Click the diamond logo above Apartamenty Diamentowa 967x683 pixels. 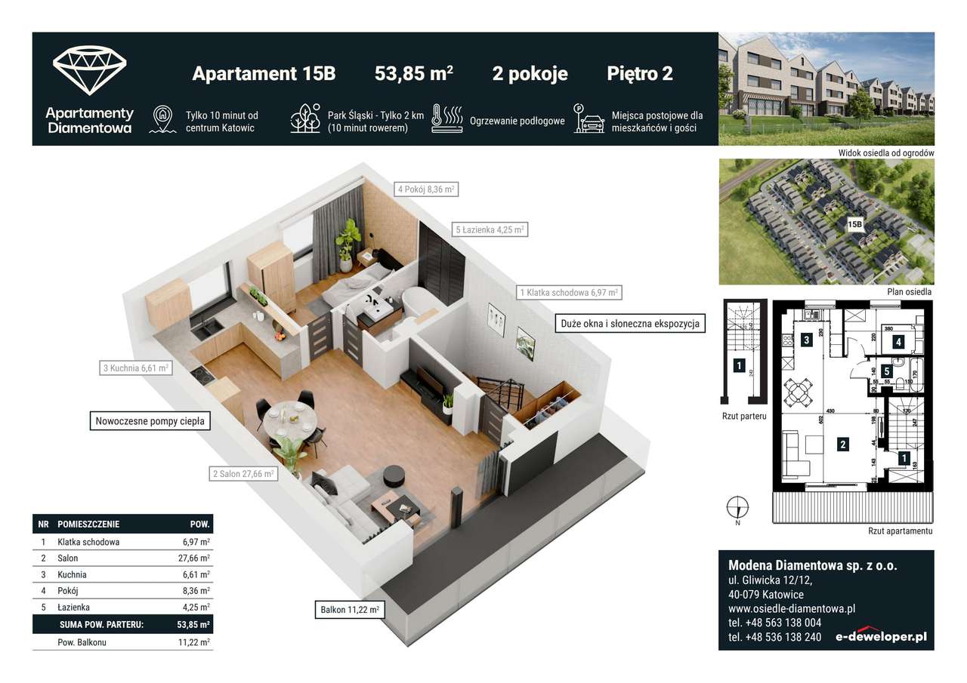point(89,70)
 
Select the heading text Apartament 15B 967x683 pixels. point(264,74)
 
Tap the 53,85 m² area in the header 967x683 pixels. point(413,74)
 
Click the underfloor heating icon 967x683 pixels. point(446,118)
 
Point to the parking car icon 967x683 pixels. point(589,118)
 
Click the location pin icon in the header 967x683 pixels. point(163,119)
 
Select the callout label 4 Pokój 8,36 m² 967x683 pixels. point(427,190)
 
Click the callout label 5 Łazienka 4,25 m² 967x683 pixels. point(490,229)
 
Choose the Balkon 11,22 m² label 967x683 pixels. point(348,609)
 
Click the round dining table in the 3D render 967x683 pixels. point(292,416)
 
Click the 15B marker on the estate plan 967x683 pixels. point(855,224)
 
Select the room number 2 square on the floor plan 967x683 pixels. point(842,445)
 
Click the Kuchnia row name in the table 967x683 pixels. point(71,575)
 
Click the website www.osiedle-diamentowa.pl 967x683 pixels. point(791,608)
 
